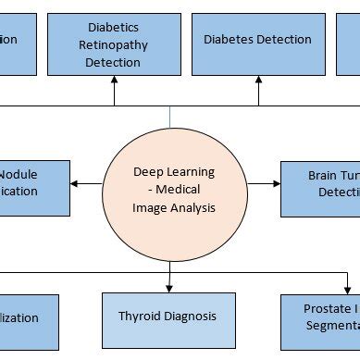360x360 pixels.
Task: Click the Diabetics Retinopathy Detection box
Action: tap(114, 44)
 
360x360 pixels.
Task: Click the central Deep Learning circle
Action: tap(172, 190)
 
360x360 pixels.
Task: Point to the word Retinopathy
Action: tap(115, 45)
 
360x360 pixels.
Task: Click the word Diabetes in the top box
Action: tap(227, 39)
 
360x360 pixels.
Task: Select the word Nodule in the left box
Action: tap(19, 174)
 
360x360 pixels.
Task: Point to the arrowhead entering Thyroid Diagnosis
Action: tap(170, 289)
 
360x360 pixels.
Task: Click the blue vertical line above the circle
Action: tap(170, 116)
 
